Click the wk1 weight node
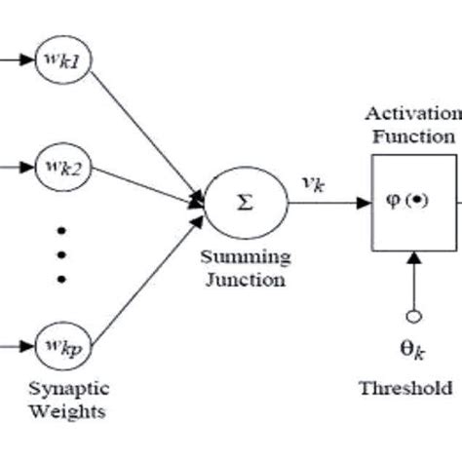[62, 60]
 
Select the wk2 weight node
[62, 168]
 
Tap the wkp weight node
[62, 345]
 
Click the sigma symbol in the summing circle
[245, 203]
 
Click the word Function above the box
[413, 136]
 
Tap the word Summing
[245, 257]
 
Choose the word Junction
[245, 280]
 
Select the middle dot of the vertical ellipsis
[62, 256]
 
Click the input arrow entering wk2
[16, 168]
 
